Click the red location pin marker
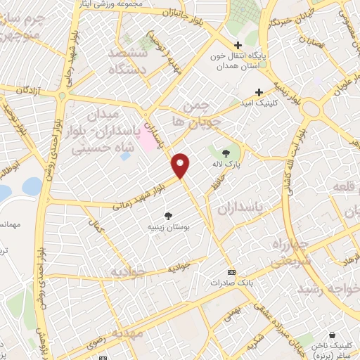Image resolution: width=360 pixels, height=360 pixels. pyautogui.click(x=181, y=164)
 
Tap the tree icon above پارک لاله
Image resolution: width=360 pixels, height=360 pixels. pyautogui.click(x=226, y=153)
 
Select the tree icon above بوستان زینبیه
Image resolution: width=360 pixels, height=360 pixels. pyautogui.click(x=168, y=216)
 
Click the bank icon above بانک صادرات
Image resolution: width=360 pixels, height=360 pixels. pyautogui.click(x=231, y=272)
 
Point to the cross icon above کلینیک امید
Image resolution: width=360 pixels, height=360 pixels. pyautogui.click(x=259, y=91)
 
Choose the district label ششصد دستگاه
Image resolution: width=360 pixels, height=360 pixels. pyautogui.click(x=128, y=61)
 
